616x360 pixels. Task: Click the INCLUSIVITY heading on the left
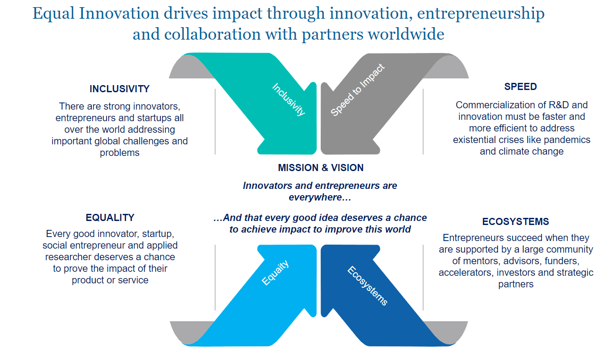click(x=120, y=89)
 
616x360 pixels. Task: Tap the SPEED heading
click(x=520, y=86)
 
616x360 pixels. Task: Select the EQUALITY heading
click(x=110, y=217)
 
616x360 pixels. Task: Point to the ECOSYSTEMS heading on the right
click(x=516, y=221)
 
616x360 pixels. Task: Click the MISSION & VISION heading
click(x=321, y=168)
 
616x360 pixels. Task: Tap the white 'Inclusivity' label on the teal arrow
click(x=289, y=99)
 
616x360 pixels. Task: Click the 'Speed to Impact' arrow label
click(x=358, y=90)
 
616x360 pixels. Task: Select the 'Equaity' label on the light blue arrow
click(x=275, y=272)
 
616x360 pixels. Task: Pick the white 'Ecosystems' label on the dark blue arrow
click(x=367, y=286)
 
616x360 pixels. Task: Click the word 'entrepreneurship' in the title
click(x=481, y=14)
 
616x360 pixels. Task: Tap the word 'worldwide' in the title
click(x=406, y=34)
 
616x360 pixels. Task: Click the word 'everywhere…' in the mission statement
click(x=320, y=197)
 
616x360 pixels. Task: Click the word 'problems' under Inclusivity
click(x=120, y=153)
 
